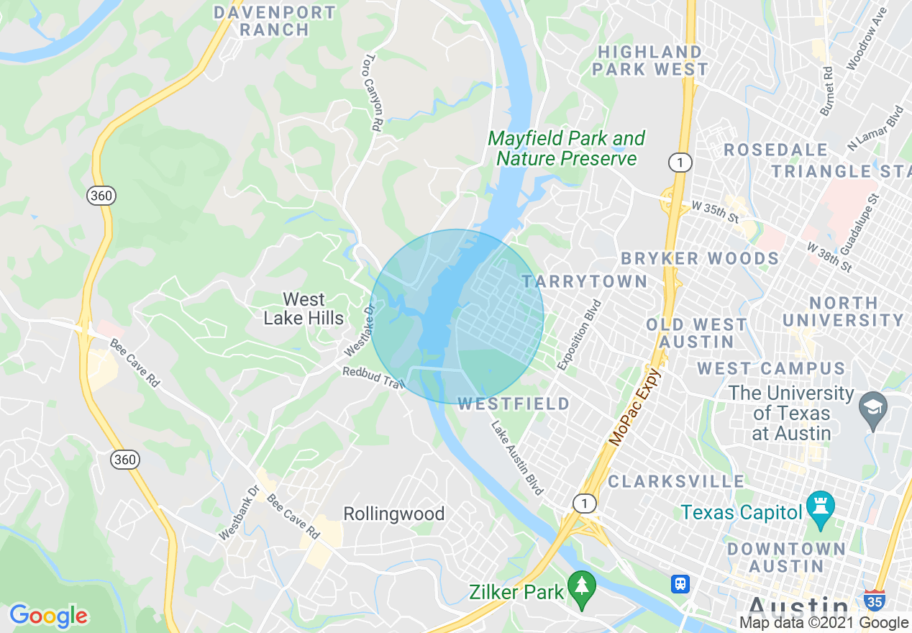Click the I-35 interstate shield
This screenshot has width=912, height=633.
click(874, 599)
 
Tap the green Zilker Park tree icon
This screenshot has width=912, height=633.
click(581, 588)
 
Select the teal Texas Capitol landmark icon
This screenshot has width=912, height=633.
click(820, 509)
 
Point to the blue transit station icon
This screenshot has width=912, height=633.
click(680, 583)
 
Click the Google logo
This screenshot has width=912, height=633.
click(49, 616)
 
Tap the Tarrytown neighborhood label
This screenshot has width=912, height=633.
click(585, 281)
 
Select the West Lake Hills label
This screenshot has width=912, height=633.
click(303, 309)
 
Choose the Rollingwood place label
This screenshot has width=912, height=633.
click(393, 514)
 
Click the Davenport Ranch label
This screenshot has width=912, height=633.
click(275, 22)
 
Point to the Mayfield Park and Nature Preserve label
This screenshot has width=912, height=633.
click(567, 148)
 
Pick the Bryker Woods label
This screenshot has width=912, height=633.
click(700, 258)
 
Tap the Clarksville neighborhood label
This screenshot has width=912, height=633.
click(676, 481)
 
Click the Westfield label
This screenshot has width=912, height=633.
click(514, 404)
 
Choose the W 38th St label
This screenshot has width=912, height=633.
click(829, 258)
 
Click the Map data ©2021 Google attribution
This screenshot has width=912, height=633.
click(824, 623)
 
